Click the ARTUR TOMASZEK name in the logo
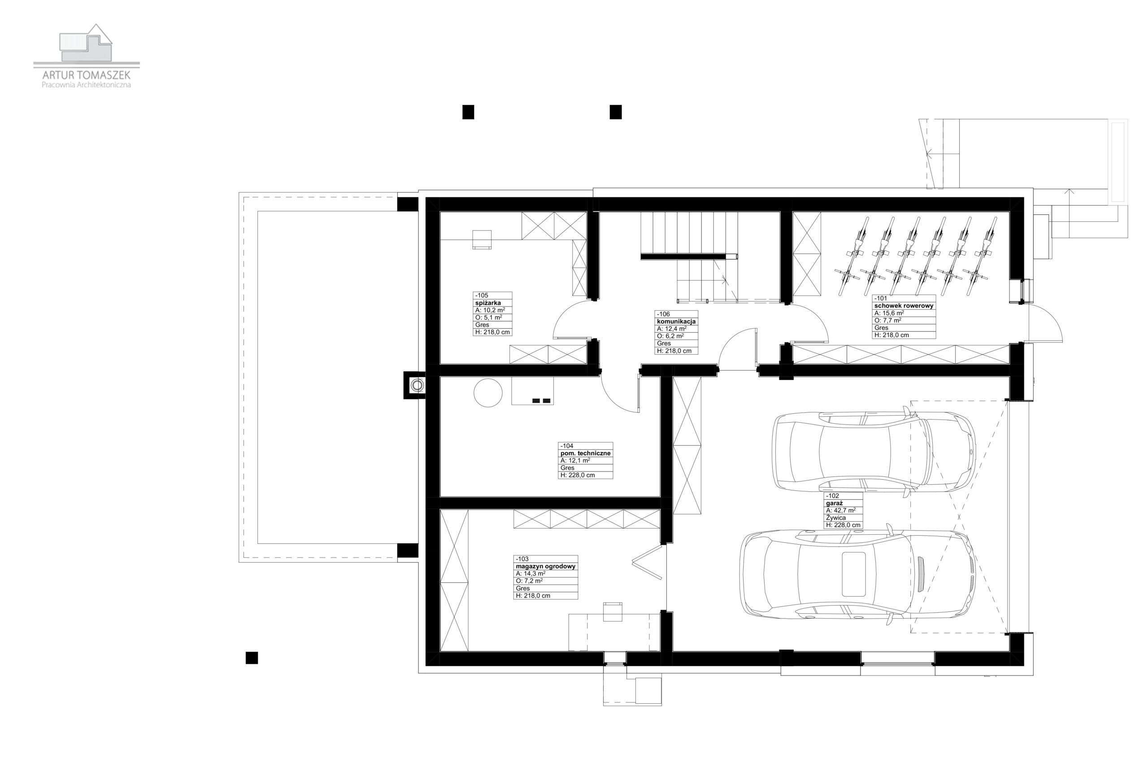coord(87,75)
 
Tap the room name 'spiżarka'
coord(488,303)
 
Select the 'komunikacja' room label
coord(676,321)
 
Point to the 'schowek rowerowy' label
coord(904,306)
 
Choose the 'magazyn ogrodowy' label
coord(545,567)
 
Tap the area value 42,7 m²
coord(841,511)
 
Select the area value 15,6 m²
coord(889,313)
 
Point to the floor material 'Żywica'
coord(836,518)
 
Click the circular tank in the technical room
coord(488,393)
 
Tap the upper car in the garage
coord(874,452)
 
